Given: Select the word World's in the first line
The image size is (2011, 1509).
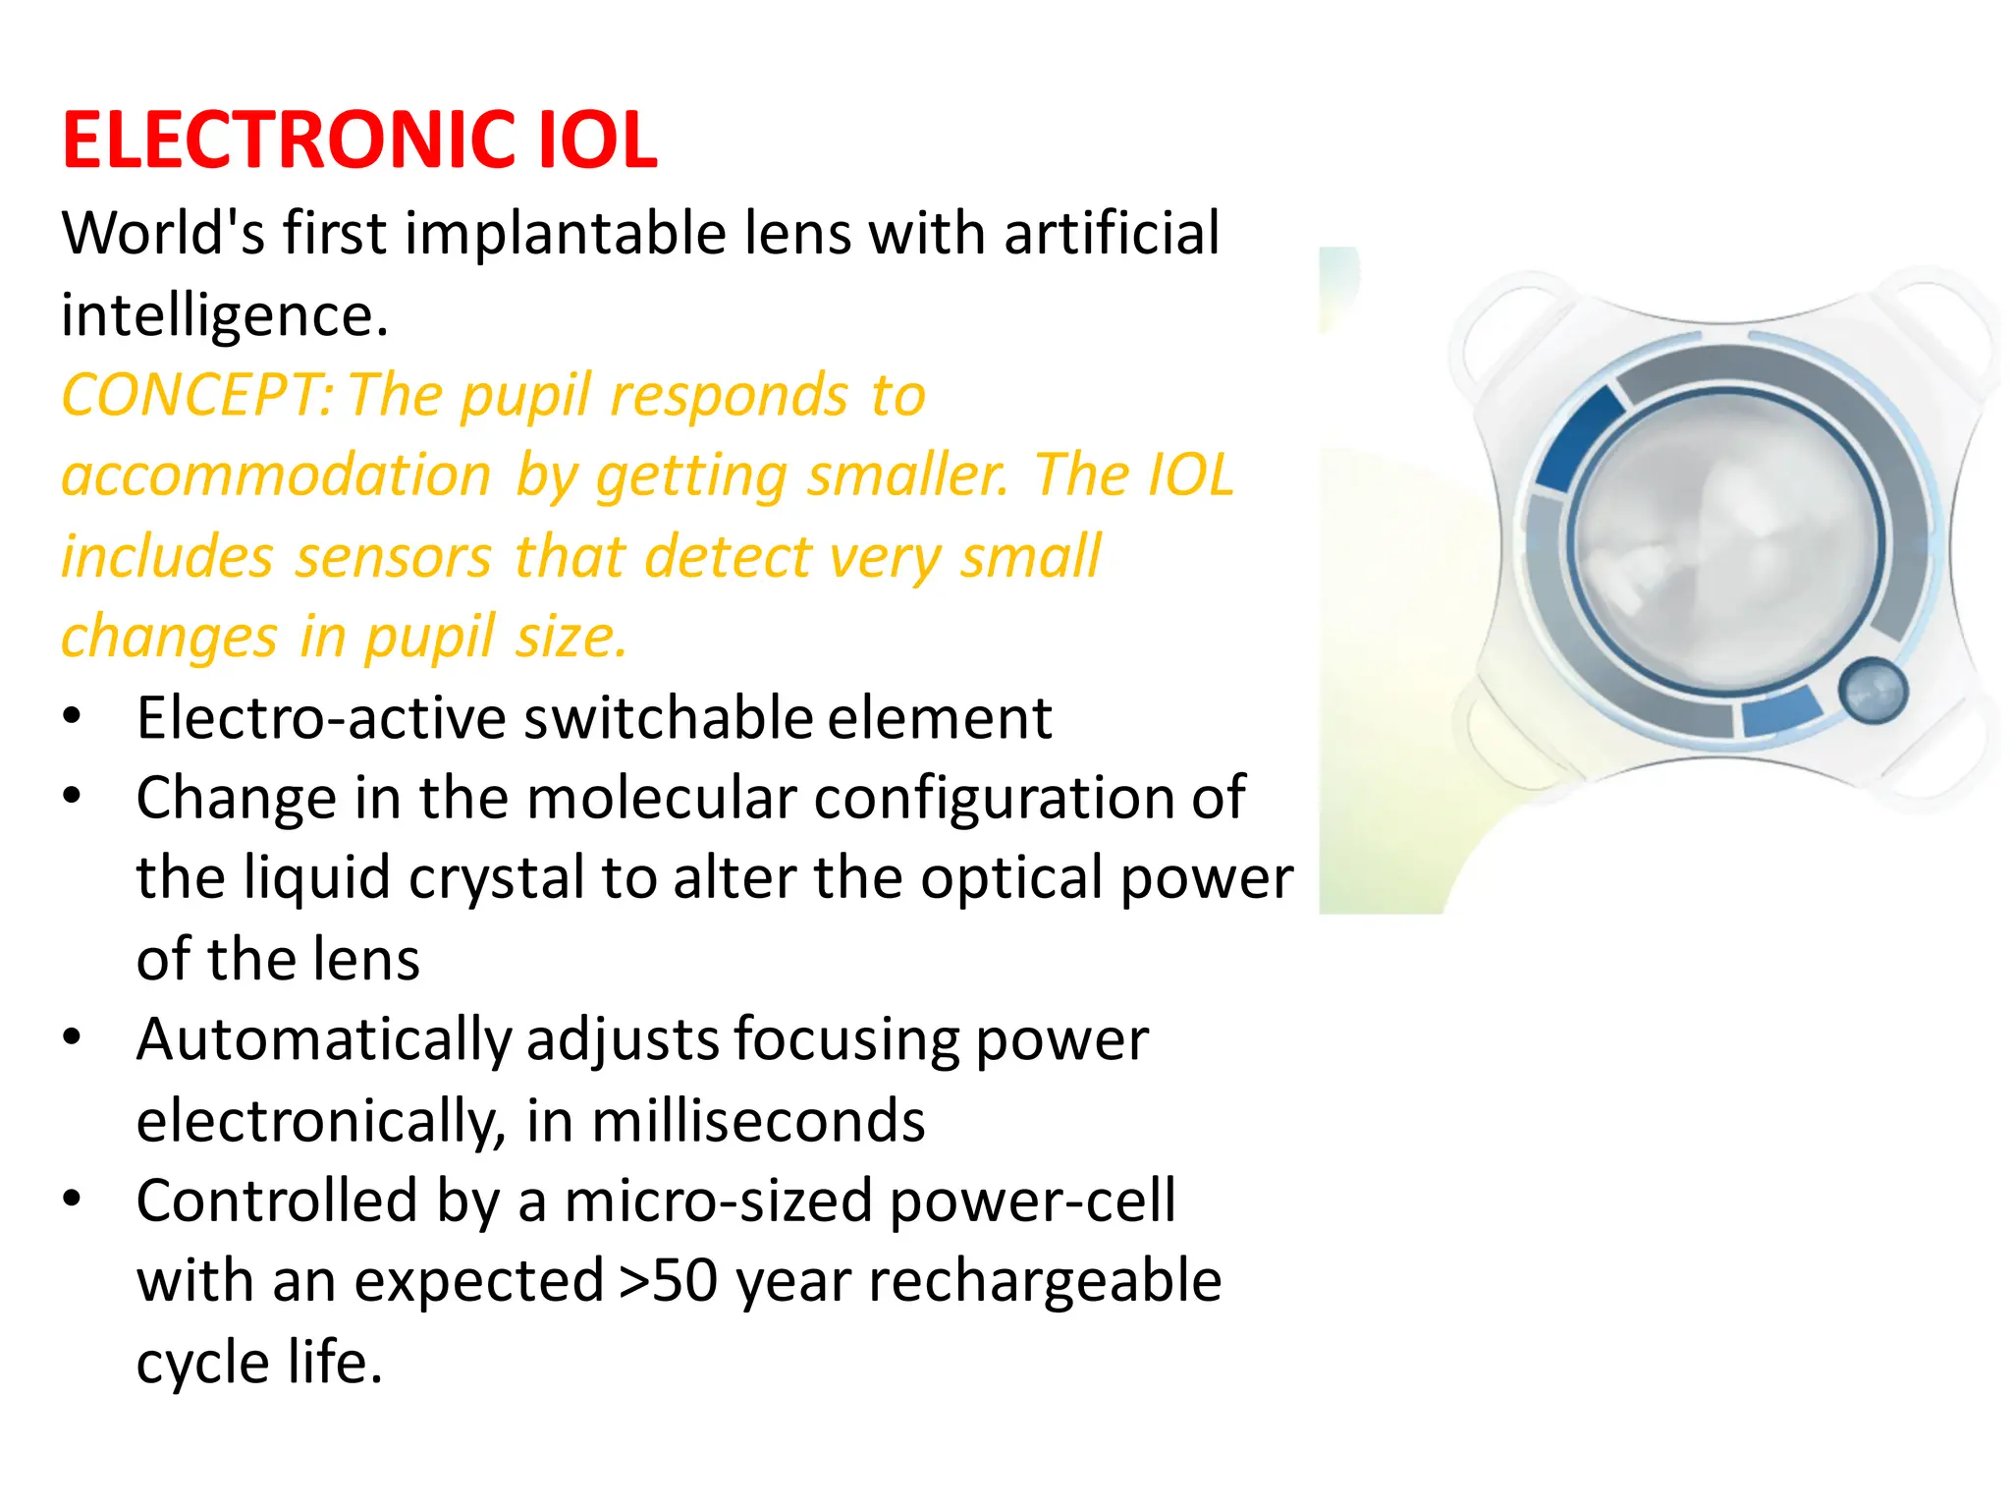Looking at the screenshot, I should tap(162, 234).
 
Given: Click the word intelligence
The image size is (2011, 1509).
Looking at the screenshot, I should tap(225, 316).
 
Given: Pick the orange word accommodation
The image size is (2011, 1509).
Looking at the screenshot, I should tap(276, 476).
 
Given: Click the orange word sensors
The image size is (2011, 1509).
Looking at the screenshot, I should tap(393, 557).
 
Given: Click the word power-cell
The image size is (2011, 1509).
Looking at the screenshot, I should tap(1031, 1202).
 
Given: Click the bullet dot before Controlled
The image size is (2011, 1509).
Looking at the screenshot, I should tap(72, 1200).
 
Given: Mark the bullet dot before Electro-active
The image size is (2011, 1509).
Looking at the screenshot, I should tap(72, 716).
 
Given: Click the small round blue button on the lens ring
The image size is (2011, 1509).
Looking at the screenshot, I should tap(1873, 691).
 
